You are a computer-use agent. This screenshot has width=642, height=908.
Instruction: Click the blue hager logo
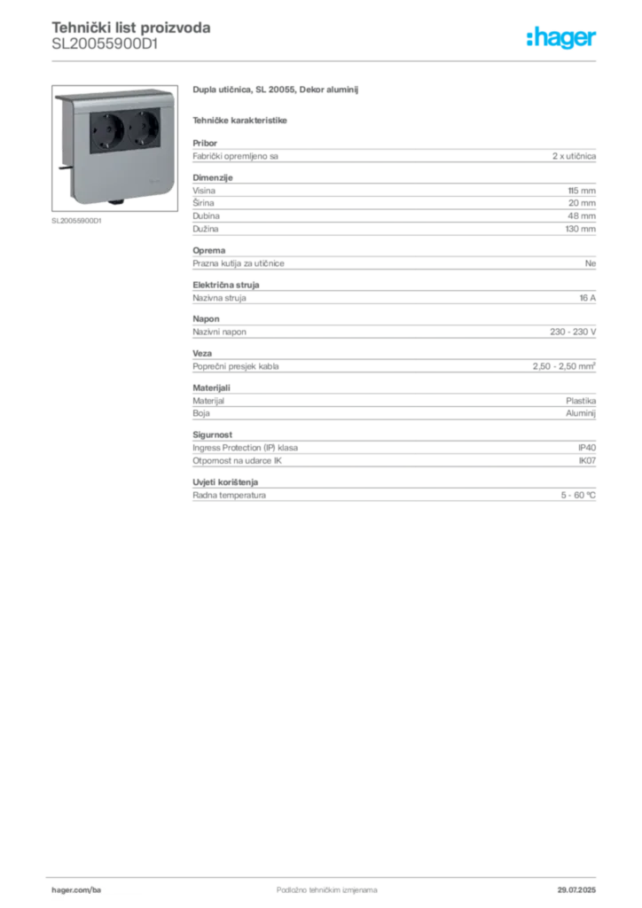tap(562, 38)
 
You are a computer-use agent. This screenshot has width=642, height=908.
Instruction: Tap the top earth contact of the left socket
tap(108, 116)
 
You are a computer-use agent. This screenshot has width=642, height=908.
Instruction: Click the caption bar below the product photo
tap(78, 221)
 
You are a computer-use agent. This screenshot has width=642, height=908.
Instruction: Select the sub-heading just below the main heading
tap(240, 120)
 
